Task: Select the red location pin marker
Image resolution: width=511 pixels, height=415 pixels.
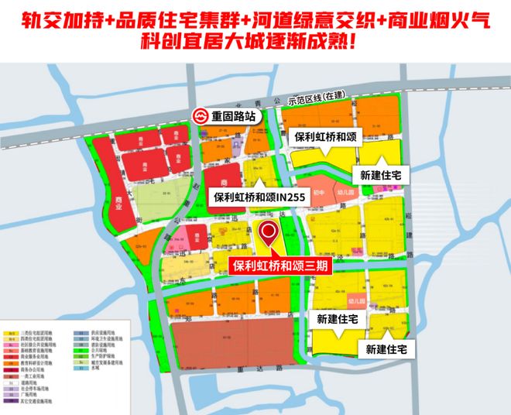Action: click(x=269, y=232)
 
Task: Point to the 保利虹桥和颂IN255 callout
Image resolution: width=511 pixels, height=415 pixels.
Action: click(x=259, y=198)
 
